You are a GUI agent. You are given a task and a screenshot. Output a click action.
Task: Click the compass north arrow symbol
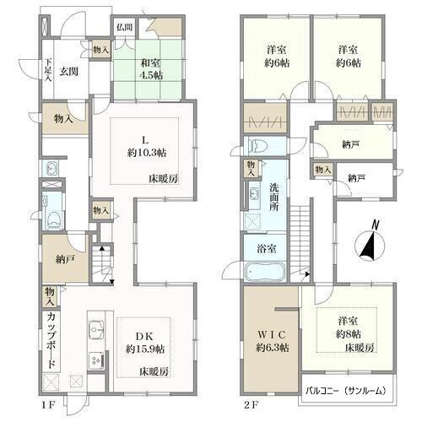(370, 244)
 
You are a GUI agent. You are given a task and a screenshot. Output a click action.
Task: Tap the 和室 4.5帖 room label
(152, 69)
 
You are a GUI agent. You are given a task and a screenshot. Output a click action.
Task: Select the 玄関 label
(68, 72)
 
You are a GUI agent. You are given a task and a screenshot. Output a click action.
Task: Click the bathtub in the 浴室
(266, 272)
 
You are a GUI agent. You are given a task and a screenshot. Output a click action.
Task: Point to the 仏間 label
(125, 27)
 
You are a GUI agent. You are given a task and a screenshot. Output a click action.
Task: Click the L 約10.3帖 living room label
(147, 147)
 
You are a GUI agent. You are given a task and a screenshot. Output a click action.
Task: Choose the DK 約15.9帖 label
(145, 343)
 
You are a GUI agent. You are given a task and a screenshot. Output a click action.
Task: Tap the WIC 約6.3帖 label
(273, 341)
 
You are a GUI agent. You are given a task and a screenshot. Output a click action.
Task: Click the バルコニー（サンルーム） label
(345, 391)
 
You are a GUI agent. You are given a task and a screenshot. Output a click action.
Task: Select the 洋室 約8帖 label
(349, 327)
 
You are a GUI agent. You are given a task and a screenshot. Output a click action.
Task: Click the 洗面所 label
(273, 197)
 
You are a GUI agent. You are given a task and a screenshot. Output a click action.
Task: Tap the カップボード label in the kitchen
(51, 341)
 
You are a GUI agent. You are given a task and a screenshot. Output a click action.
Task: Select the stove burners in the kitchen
(96, 360)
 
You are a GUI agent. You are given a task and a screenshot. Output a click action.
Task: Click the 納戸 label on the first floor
(64, 260)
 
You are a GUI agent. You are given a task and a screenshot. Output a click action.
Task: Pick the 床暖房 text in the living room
(164, 178)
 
